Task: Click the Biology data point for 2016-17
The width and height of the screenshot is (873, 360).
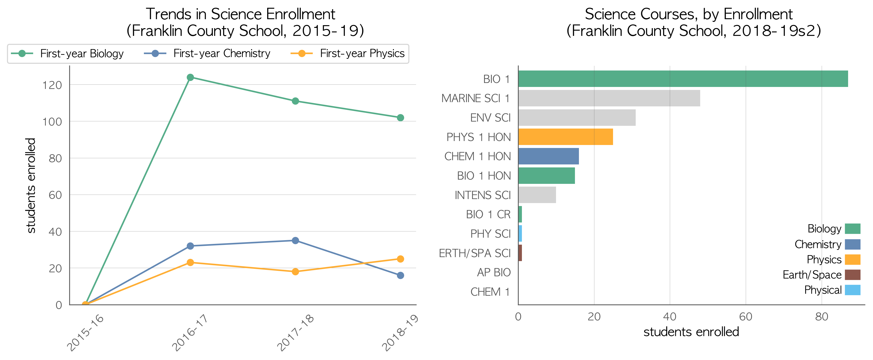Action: point(190,77)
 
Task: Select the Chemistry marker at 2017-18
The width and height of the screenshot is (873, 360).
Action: point(295,240)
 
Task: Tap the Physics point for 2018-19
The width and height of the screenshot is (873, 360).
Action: point(400,259)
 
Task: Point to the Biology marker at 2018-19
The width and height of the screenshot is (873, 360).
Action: point(400,118)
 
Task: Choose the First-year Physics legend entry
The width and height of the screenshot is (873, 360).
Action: point(347,54)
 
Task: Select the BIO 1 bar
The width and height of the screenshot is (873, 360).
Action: point(683,79)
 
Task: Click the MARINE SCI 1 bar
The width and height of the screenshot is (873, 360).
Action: point(609,98)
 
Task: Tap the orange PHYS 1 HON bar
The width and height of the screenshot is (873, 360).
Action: point(566,137)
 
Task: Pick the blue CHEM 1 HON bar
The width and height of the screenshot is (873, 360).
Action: point(549,156)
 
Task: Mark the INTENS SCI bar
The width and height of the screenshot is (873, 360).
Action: point(537,195)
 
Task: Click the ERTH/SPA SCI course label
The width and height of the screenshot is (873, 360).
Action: point(474,253)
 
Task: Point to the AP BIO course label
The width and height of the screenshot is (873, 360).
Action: point(494,272)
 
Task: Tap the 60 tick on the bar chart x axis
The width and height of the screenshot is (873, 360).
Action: point(746,317)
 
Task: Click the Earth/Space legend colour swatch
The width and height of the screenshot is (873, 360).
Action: point(853,275)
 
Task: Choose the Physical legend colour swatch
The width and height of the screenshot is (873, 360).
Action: point(853,290)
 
